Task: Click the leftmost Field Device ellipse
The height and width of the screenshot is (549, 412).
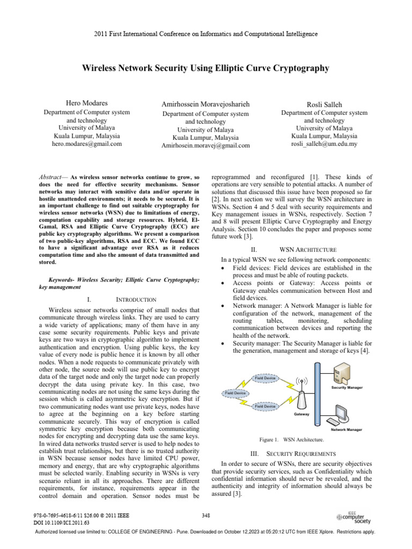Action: click(236, 393)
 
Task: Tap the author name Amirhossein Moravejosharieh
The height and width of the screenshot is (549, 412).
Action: click(205, 103)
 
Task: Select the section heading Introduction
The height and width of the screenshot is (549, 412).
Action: click(136, 299)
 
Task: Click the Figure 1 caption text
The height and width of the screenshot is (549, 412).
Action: click(291, 440)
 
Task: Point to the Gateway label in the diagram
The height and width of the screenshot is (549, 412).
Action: click(301, 414)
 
